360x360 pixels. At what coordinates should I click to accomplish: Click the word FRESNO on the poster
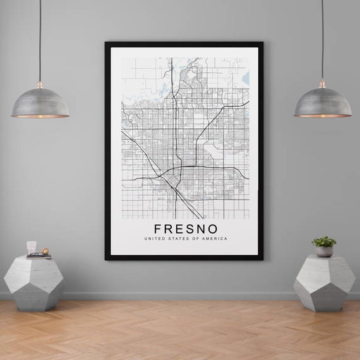(x=186, y=228)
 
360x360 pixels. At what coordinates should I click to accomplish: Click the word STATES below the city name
(x=179, y=239)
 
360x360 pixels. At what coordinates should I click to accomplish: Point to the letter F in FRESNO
(x=158, y=228)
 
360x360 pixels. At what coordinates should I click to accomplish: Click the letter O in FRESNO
(x=213, y=228)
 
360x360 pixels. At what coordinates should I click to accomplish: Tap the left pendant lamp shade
(x=40, y=104)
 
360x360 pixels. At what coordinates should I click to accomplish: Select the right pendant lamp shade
(x=322, y=103)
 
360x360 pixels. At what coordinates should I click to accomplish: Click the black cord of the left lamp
(x=40, y=38)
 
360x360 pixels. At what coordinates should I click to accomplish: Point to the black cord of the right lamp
(x=322, y=38)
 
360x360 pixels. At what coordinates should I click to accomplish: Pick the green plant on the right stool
(x=324, y=241)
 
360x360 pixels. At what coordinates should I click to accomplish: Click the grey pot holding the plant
(x=324, y=251)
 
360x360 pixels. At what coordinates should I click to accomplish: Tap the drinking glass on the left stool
(x=32, y=247)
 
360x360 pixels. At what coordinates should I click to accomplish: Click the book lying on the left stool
(x=39, y=256)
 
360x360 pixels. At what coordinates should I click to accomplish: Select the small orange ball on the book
(x=44, y=252)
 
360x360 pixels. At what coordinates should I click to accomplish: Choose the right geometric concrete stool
(x=324, y=282)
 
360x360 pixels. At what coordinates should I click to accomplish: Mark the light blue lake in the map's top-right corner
(x=246, y=78)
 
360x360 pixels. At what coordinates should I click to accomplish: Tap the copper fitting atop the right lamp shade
(x=322, y=84)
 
